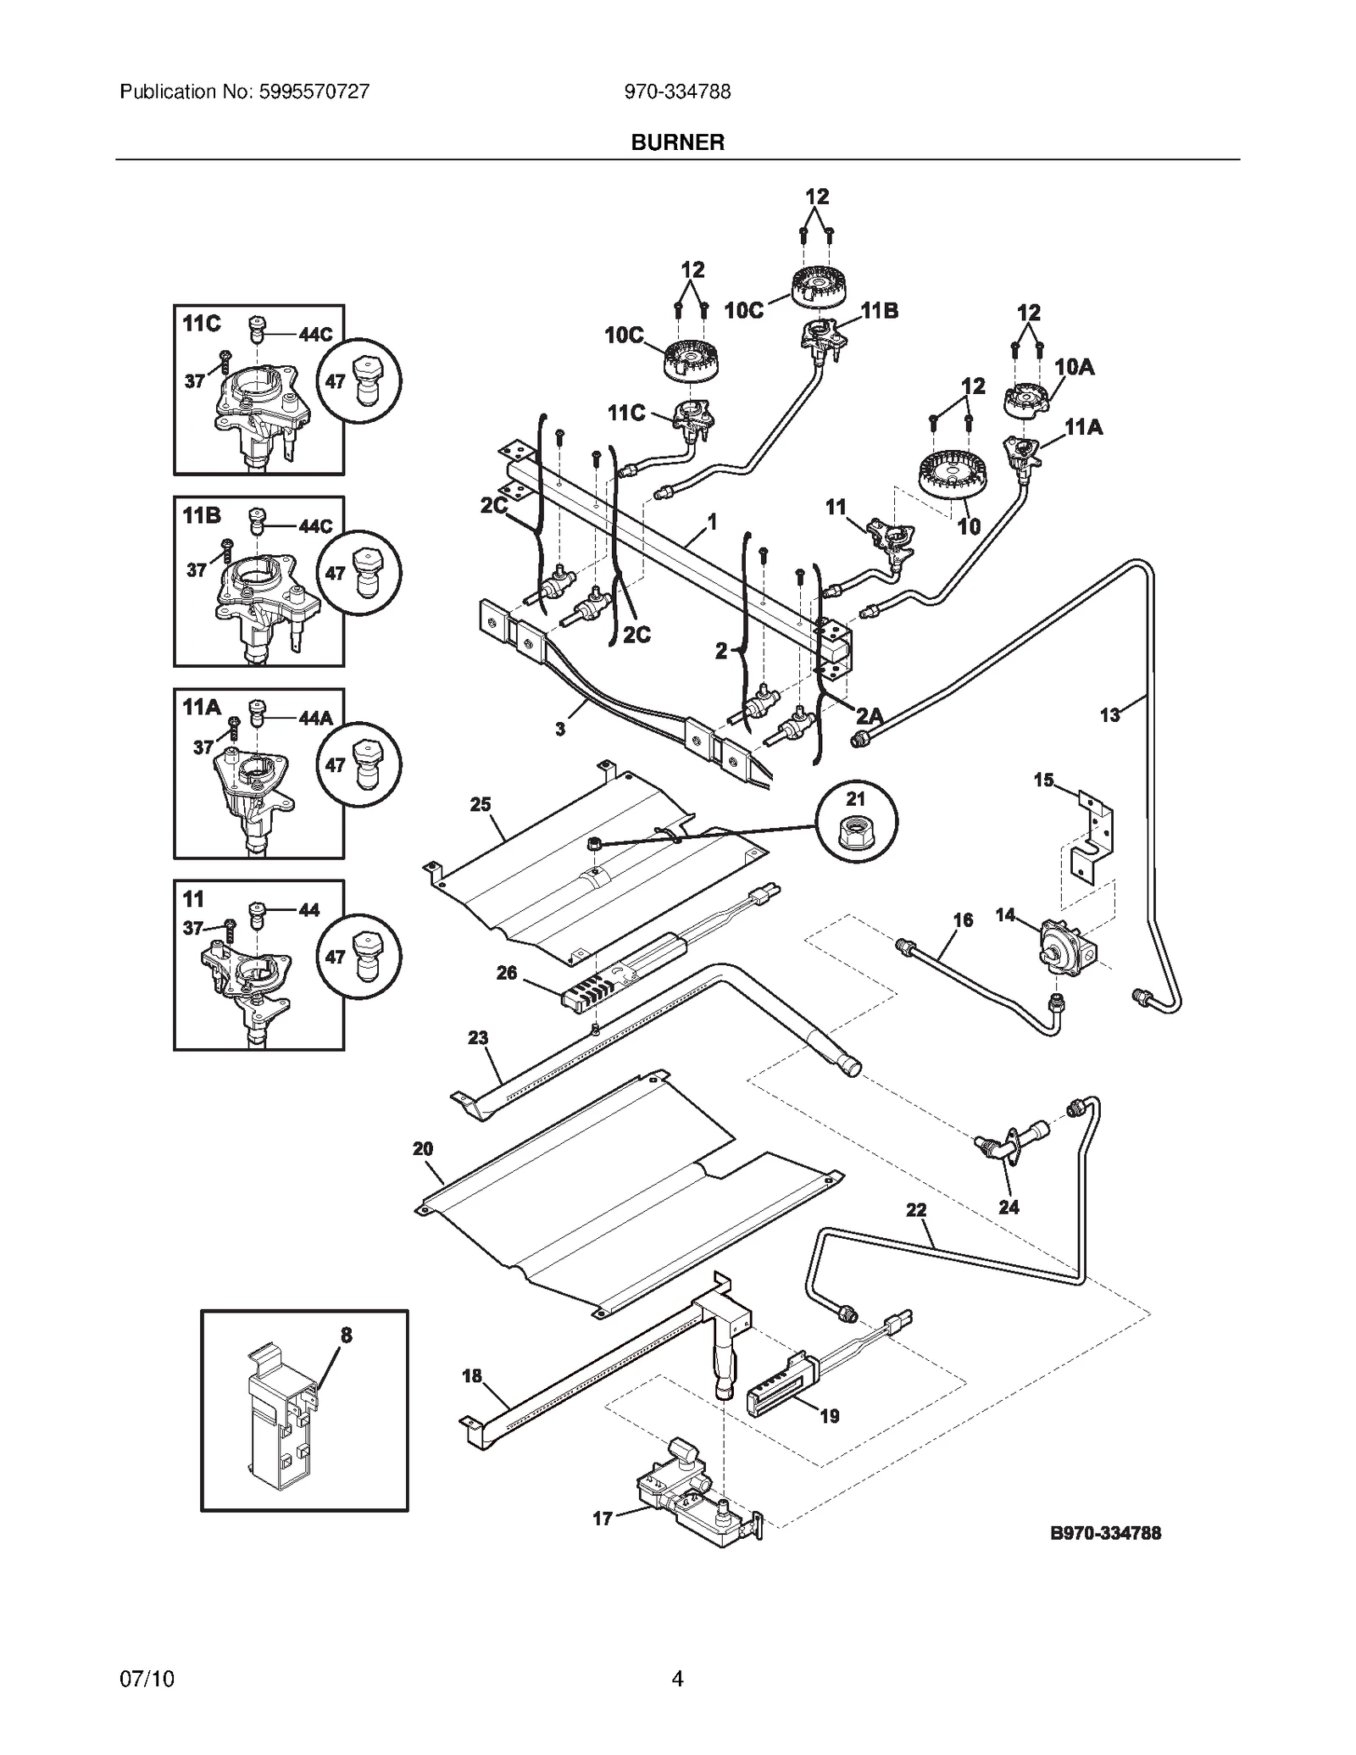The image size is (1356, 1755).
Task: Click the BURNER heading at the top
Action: tap(677, 142)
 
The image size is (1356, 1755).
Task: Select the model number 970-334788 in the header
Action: tap(677, 92)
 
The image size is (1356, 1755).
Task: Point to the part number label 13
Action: tap(1109, 714)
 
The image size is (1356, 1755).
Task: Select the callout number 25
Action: tap(481, 804)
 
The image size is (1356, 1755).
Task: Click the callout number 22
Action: tap(916, 1210)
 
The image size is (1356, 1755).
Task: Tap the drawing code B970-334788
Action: tap(1105, 1533)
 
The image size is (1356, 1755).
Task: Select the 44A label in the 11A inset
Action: tap(315, 719)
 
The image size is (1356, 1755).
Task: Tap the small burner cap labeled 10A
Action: tap(1027, 398)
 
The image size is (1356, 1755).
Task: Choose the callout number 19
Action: tap(829, 1415)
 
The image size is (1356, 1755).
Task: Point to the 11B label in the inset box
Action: tap(202, 515)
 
